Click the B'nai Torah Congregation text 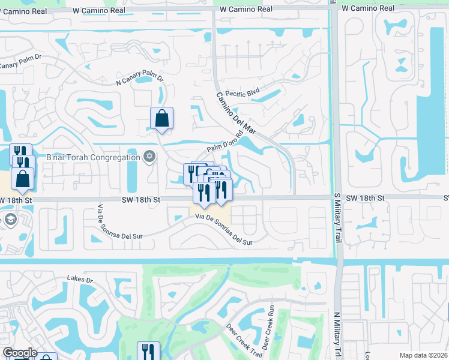(x=93, y=158)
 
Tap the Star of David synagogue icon (x=149, y=157)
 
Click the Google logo (x=20, y=353)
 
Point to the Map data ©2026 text (x=424, y=355)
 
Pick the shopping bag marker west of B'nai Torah (x=22, y=178)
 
